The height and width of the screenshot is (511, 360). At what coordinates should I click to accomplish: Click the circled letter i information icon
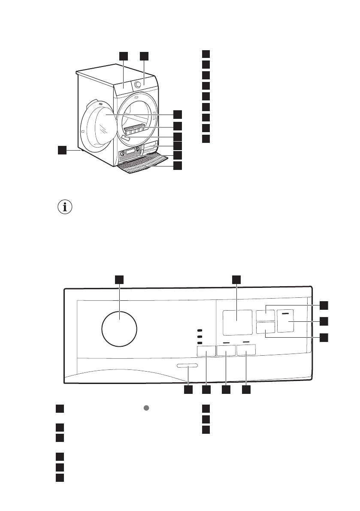click(x=65, y=207)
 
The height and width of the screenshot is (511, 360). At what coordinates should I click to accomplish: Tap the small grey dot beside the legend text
click(x=146, y=408)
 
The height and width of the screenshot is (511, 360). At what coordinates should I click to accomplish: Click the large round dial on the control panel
click(x=119, y=330)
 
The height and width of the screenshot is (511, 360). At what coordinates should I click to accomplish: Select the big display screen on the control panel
click(x=237, y=323)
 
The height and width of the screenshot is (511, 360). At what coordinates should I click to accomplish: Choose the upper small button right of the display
click(x=265, y=315)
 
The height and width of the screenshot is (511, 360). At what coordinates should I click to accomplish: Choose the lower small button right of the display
click(x=265, y=329)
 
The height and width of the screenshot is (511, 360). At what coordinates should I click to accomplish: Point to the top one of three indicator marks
click(x=200, y=330)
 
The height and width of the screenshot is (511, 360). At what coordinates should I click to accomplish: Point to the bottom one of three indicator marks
click(x=200, y=343)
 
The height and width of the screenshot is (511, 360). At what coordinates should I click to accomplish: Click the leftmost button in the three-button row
click(x=206, y=351)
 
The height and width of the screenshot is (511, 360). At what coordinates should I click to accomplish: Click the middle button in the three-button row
click(x=226, y=351)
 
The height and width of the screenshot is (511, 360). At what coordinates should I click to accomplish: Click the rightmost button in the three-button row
click(x=246, y=350)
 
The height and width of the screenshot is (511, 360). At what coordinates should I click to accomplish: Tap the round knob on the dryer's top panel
click(x=138, y=85)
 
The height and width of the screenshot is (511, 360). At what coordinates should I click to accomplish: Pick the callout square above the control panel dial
click(x=119, y=279)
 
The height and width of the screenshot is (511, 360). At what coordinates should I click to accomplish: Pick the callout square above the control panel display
click(x=237, y=279)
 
